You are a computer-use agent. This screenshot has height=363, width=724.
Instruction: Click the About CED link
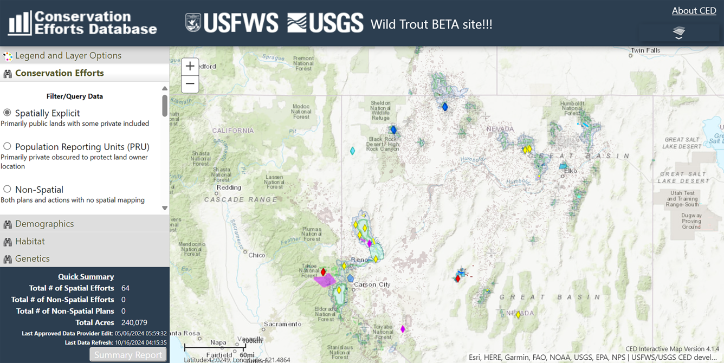click(x=694, y=11)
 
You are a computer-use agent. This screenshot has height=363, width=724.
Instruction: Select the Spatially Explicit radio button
click(x=7, y=113)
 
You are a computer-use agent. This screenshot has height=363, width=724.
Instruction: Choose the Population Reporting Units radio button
click(x=7, y=146)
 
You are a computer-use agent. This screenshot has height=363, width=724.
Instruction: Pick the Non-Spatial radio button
click(x=7, y=189)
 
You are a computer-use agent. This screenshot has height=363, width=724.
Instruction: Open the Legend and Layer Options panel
click(x=68, y=55)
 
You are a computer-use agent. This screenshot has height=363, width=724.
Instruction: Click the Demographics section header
click(x=44, y=224)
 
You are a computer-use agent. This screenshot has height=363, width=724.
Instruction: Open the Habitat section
click(x=30, y=241)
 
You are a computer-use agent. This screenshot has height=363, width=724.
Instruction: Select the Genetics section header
click(x=33, y=258)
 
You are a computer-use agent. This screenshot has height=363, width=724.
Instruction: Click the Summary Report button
click(x=128, y=355)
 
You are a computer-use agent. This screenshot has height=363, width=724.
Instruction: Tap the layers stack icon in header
click(x=679, y=33)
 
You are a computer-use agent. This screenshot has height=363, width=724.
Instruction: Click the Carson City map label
click(x=372, y=284)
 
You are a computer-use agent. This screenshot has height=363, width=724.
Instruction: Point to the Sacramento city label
click(x=283, y=324)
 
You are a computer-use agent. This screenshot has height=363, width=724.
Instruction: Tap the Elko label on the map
click(x=570, y=171)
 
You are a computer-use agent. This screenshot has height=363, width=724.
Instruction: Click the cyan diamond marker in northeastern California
click(x=353, y=151)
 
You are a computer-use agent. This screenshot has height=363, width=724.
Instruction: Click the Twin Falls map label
click(x=645, y=50)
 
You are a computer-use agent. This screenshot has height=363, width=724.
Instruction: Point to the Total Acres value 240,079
click(x=134, y=322)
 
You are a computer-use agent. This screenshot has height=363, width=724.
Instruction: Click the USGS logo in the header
click(x=325, y=23)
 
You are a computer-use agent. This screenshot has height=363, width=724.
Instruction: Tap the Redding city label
click(x=229, y=187)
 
